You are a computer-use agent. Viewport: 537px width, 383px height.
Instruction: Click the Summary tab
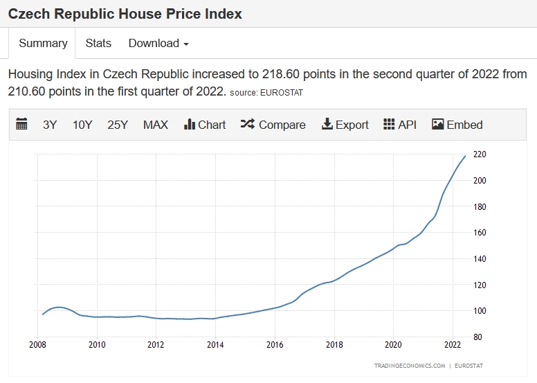[43, 43]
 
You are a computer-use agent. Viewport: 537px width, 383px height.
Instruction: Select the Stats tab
[98, 43]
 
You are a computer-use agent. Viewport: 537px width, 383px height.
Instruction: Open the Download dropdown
[158, 43]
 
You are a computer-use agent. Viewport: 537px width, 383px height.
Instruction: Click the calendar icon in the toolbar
[21, 125]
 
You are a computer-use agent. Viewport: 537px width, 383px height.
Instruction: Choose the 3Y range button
[50, 125]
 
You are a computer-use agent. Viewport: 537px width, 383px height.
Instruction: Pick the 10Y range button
[82, 125]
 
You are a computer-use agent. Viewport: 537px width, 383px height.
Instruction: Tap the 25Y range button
[118, 125]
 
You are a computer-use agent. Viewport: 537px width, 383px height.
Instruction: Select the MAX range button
[156, 125]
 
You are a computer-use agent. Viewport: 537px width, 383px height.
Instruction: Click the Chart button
[205, 125]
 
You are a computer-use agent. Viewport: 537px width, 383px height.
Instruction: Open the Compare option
[273, 125]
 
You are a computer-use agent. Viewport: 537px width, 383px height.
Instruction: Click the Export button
[345, 125]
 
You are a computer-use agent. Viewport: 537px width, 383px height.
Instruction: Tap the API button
[400, 125]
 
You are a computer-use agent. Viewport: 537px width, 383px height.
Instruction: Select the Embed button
[457, 125]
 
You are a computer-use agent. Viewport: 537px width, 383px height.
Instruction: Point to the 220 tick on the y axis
[480, 154]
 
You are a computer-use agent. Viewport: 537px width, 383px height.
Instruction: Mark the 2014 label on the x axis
[215, 344]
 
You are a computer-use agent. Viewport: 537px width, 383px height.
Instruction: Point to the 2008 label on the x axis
[38, 344]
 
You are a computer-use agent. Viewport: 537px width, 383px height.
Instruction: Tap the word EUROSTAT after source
[280, 92]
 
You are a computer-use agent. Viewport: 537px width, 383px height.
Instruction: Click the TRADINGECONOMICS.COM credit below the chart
[409, 365]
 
